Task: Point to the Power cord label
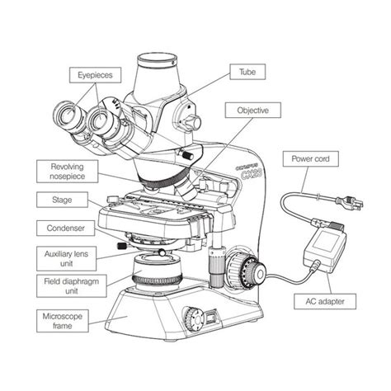coord(312,158)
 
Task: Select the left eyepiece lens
coord(64,115)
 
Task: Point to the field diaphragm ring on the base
coord(156,280)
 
